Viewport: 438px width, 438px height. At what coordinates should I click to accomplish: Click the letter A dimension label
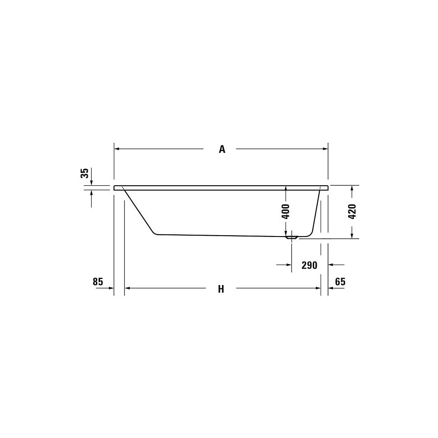tap(222, 149)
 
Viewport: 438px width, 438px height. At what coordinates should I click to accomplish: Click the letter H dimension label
tap(221, 289)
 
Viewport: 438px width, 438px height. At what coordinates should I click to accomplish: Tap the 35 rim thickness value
tap(85, 173)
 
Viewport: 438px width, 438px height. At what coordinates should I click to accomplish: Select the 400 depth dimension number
tap(286, 212)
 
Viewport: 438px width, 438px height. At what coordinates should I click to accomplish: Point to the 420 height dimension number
tap(352, 212)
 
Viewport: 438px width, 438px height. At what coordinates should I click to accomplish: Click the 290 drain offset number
tap(309, 265)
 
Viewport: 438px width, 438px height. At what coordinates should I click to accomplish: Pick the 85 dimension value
tap(98, 282)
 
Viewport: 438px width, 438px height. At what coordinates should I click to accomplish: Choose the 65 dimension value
tap(340, 282)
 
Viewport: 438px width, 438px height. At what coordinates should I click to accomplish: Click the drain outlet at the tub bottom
tap(292, 237)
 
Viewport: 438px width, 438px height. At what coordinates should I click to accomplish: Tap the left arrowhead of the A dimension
tap(117, 149)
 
